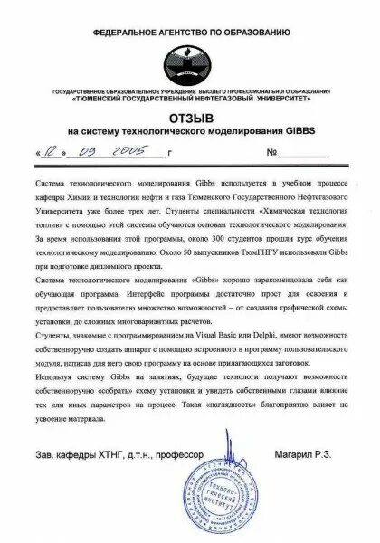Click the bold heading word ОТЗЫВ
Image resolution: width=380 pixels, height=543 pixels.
(190, 119)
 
